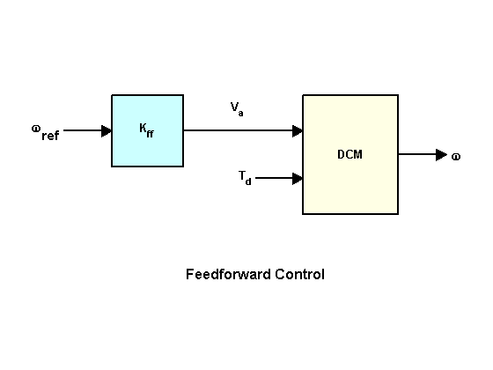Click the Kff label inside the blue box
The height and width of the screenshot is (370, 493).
[146, 130]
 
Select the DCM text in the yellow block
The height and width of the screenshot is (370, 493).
[350, 154]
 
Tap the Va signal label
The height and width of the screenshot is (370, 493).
[237, 109]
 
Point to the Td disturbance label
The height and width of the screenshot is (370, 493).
[245, 178]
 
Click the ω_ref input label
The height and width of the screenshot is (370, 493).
[45, 132]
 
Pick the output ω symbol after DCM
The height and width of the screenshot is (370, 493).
[456, 157]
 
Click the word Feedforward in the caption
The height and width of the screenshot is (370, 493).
[228, 274]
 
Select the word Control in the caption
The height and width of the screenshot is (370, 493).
[299, 274]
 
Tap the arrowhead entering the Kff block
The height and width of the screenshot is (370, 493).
[107, 131]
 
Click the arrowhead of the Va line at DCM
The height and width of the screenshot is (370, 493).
[298, 131]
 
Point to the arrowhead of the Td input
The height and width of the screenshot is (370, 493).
[298, 178]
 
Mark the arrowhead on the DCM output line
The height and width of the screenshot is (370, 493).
[441, 155]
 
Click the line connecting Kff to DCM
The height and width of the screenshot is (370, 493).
[243, 130]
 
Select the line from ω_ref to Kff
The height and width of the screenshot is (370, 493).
[88, 130]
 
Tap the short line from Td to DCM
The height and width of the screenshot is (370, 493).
[279, 178]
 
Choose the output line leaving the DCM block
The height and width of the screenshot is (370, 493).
[423, 154]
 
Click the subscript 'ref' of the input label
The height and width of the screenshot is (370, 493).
[50, 136]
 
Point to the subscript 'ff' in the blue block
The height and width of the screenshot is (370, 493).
[150, 133]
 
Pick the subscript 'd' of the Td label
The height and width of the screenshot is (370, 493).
[248, 181]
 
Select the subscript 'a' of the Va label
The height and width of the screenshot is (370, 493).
[240, 114]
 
